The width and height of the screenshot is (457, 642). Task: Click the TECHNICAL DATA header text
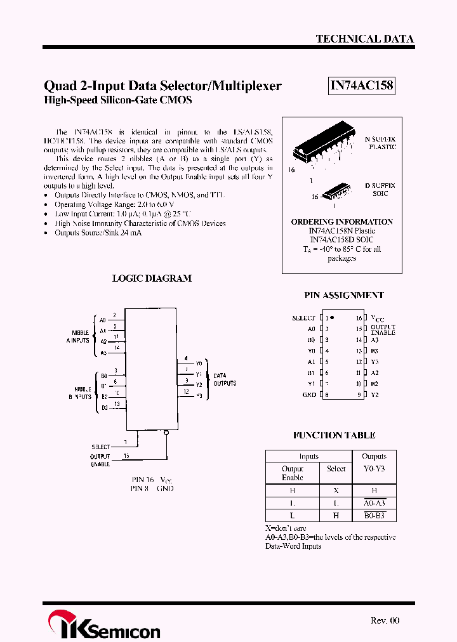365,39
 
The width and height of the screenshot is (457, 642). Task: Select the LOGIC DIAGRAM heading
152,278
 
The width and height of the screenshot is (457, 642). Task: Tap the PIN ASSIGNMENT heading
343,295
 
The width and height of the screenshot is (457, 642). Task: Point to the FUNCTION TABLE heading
334,435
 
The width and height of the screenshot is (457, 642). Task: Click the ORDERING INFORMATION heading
341,221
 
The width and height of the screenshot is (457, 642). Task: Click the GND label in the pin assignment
308,395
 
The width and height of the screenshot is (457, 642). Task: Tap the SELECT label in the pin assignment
303,318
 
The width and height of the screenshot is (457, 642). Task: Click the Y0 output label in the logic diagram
199,364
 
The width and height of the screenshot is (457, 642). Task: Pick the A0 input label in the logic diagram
102,320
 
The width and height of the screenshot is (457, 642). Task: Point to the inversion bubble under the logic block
166,433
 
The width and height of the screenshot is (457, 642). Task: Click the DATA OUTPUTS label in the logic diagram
225,379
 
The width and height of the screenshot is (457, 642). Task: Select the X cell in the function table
336,490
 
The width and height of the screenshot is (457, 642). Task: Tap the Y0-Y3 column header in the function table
374,468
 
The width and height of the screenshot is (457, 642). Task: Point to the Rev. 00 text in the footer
385,620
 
